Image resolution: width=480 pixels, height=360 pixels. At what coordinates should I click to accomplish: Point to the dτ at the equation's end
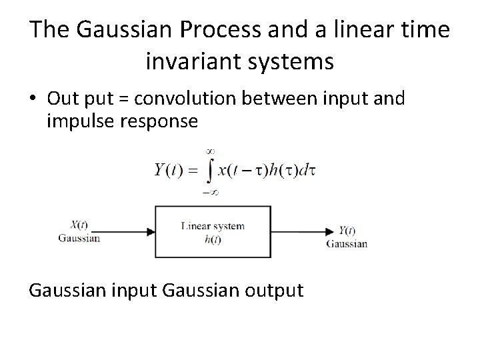point(308,170)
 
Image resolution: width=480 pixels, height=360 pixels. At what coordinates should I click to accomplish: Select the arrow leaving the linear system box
point(303,232)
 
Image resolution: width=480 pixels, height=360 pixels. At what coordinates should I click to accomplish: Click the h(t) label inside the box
point(213,239)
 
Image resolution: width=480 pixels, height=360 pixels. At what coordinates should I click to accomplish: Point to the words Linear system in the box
point(213,226)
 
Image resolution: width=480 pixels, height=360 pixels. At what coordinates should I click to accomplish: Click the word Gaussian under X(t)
point(79,237)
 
